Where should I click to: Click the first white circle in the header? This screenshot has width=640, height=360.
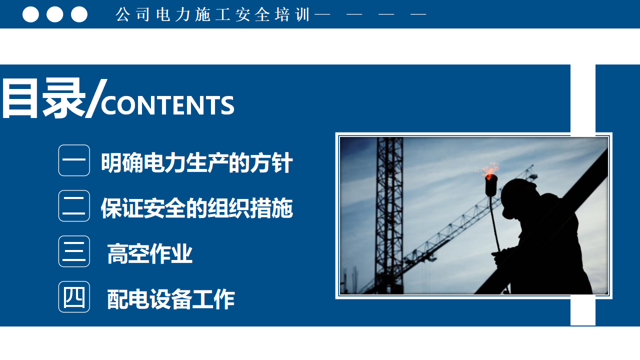30,14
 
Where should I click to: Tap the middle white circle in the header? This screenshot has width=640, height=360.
55,14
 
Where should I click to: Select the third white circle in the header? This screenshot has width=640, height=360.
79,14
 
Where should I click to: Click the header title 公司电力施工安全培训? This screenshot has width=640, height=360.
213,14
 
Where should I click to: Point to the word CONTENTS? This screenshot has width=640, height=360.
167,105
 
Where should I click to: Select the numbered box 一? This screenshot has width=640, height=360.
74,160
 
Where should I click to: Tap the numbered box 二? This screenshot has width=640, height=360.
74,205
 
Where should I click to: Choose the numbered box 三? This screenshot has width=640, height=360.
74,251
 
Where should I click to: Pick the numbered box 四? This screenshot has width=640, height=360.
74,297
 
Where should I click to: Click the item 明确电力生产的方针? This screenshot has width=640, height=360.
197,162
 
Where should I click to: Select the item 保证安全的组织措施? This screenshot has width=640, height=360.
197,208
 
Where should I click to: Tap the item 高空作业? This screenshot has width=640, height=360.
150,253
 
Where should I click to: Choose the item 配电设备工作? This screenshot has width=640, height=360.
171,299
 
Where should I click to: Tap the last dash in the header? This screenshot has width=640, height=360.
418,14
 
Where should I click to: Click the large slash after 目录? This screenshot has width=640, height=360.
96,98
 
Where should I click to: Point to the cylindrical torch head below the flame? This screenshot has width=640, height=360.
491,185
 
